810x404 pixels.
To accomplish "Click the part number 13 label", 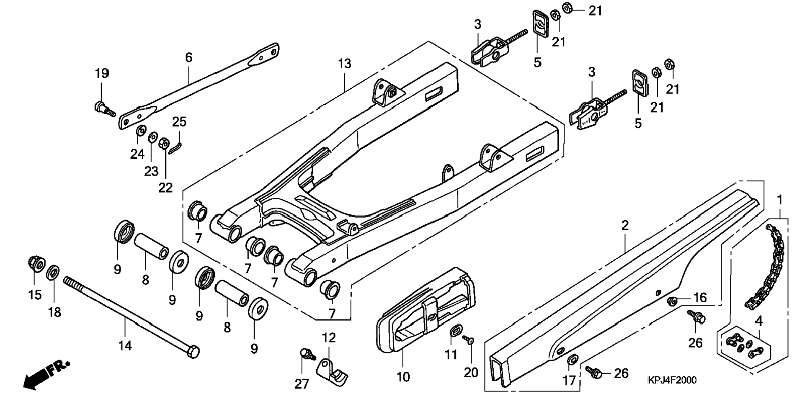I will point(345,64).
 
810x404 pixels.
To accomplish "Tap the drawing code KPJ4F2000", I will point(672,380).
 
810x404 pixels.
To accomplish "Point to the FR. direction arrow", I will point(46,373).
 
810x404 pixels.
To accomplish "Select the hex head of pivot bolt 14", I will point(192,352).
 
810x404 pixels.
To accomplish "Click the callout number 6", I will point(189,57).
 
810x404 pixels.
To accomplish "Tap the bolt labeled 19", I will point(102,106).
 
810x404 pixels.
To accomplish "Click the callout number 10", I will point(403,377).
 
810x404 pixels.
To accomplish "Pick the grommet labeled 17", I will point(572,359).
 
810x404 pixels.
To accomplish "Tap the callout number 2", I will point(625,226).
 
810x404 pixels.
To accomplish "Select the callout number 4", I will point(758,321).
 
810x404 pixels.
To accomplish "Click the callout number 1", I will point(779,200).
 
